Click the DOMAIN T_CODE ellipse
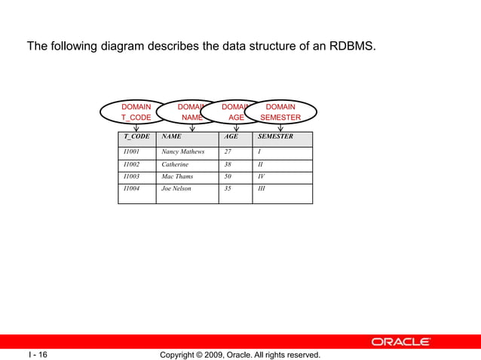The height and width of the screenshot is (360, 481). pyautogui.click(x=136, y=112)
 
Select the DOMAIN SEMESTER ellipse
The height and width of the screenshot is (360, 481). pyautogui.click(x=280, y=112)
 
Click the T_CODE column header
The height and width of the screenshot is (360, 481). pyautogui.click(x=136, y=137)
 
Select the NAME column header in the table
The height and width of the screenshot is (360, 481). pyautogui.click(x=171, y=137)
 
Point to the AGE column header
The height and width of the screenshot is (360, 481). pyautogui.click(x=231, y=137)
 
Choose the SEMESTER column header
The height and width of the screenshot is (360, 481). pyautogui.click(x=275, y=137)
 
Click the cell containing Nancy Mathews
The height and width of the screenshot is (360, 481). pyautogui.click(x=182, y=151)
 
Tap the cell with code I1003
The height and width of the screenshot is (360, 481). pyautogui.click(x=131, y=176)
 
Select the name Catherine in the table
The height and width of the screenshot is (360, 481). pyautogui.click(x=175, y=163)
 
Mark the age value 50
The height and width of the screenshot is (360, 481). pyautogui.click(x=228, y=176)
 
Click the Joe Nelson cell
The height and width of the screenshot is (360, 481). pyautogui.click(x=176, y=188)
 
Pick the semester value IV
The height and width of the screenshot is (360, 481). pyautogui.click(x=262, y=176)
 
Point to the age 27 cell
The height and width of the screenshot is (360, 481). pyautogui.click(x=228, y=151)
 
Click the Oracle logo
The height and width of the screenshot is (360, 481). pyautogui.click(x=400, y=342)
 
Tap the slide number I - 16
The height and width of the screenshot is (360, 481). pyautogui.click(x=38, y=354)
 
